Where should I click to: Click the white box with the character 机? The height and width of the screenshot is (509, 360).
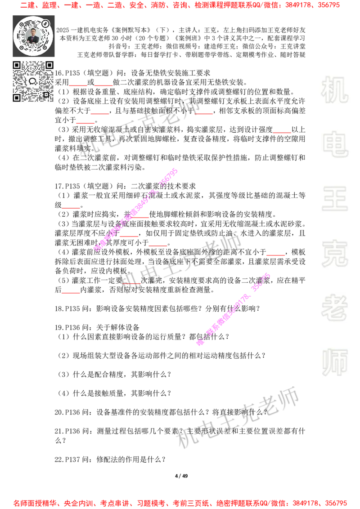pos(334,90)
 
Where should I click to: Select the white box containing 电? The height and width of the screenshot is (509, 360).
pos(336,144)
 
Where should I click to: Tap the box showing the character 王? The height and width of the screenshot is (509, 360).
pos(334,200)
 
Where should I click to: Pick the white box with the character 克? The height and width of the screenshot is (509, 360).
pos(334,254)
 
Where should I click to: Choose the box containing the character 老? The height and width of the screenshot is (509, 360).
pos(334,308)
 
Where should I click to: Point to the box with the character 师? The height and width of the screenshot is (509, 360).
pos(334,363)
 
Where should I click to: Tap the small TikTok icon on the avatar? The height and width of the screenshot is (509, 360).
pos(45,22)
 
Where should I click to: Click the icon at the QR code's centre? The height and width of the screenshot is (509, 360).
pos(33,81)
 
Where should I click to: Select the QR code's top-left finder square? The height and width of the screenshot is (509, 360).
pos(17,65)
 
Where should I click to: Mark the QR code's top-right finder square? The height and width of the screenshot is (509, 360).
pos(49,65)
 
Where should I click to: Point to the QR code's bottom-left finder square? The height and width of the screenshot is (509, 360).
pos(17,98)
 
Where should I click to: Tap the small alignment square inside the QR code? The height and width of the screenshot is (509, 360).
pos(46,94)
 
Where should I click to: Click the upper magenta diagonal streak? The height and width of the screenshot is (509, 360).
pos(136,210)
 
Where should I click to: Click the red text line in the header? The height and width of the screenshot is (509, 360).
pos(180,5)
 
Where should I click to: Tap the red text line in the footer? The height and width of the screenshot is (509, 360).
pos(180,503)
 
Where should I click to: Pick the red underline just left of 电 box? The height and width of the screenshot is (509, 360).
pos(282,133)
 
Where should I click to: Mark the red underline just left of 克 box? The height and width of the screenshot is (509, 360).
pos(275,255)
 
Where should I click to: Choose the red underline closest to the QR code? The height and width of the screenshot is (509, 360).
pos(78,85)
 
